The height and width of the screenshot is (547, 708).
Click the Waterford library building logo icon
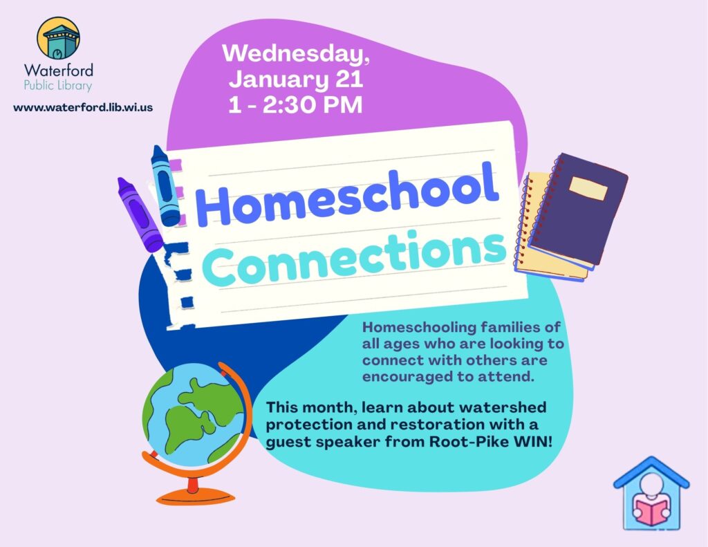pyautogui.click(x=58, y=38)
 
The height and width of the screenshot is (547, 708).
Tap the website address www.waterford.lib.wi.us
pyautogui.click(x=83, y=107)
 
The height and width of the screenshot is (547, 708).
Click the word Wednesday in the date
pyautogui.click(x=295, y=53)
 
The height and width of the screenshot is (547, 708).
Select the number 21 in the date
pyautogui.click(x=349, y=79)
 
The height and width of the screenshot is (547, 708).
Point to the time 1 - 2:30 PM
pyautogui.click(x=295, y=105)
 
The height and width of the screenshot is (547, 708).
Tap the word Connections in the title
pyautogui.click(x=355, y=259)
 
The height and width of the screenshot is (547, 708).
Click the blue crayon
pyautogui.click(x=165, y=185)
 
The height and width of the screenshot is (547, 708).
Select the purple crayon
pyautogui.click(x=140, y=214)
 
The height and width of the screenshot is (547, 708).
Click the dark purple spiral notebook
pyautogui.click(x=579, y=208)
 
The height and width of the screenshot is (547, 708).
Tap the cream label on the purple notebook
pyautogui.click(x=588, y=188)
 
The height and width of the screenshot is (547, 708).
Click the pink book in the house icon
pyautogui.click(x=651, y=510)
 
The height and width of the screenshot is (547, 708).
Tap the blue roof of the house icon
pyautogui.click(x=651, y=472)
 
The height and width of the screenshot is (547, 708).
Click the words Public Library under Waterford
pyautogui.click(x=58, y=85)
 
